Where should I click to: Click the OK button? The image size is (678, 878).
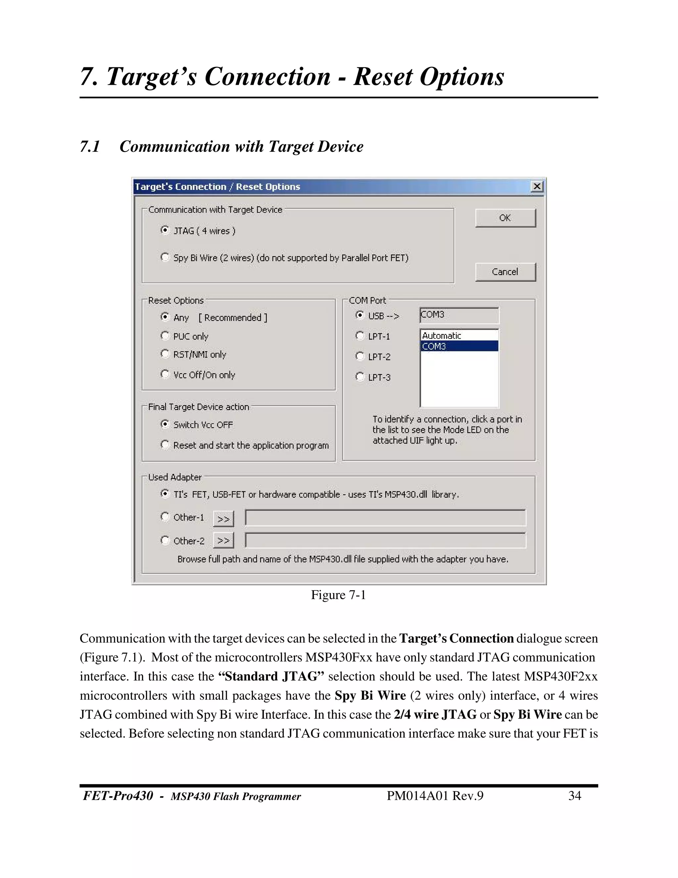(x=505, y=218)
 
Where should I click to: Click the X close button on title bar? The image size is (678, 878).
(x=537, y=187)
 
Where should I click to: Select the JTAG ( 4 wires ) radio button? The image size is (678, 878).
(x=165, y=230)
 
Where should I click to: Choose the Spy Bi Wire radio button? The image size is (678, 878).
(x=165, y=257)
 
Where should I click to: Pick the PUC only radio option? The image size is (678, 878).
(x=165, y=336)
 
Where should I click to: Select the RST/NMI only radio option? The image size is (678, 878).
(x=165, y=354)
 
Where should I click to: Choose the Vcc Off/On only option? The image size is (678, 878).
(x=165, y=374)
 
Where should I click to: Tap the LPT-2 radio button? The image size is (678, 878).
(x=360, y=356)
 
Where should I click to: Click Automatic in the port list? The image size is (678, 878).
(x=442, y=336)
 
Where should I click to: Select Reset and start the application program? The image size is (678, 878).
(x=165, y=445)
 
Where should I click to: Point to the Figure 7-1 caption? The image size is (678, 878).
(x=338, y=595)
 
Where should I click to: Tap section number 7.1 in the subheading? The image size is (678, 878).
(x=90, y=146)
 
